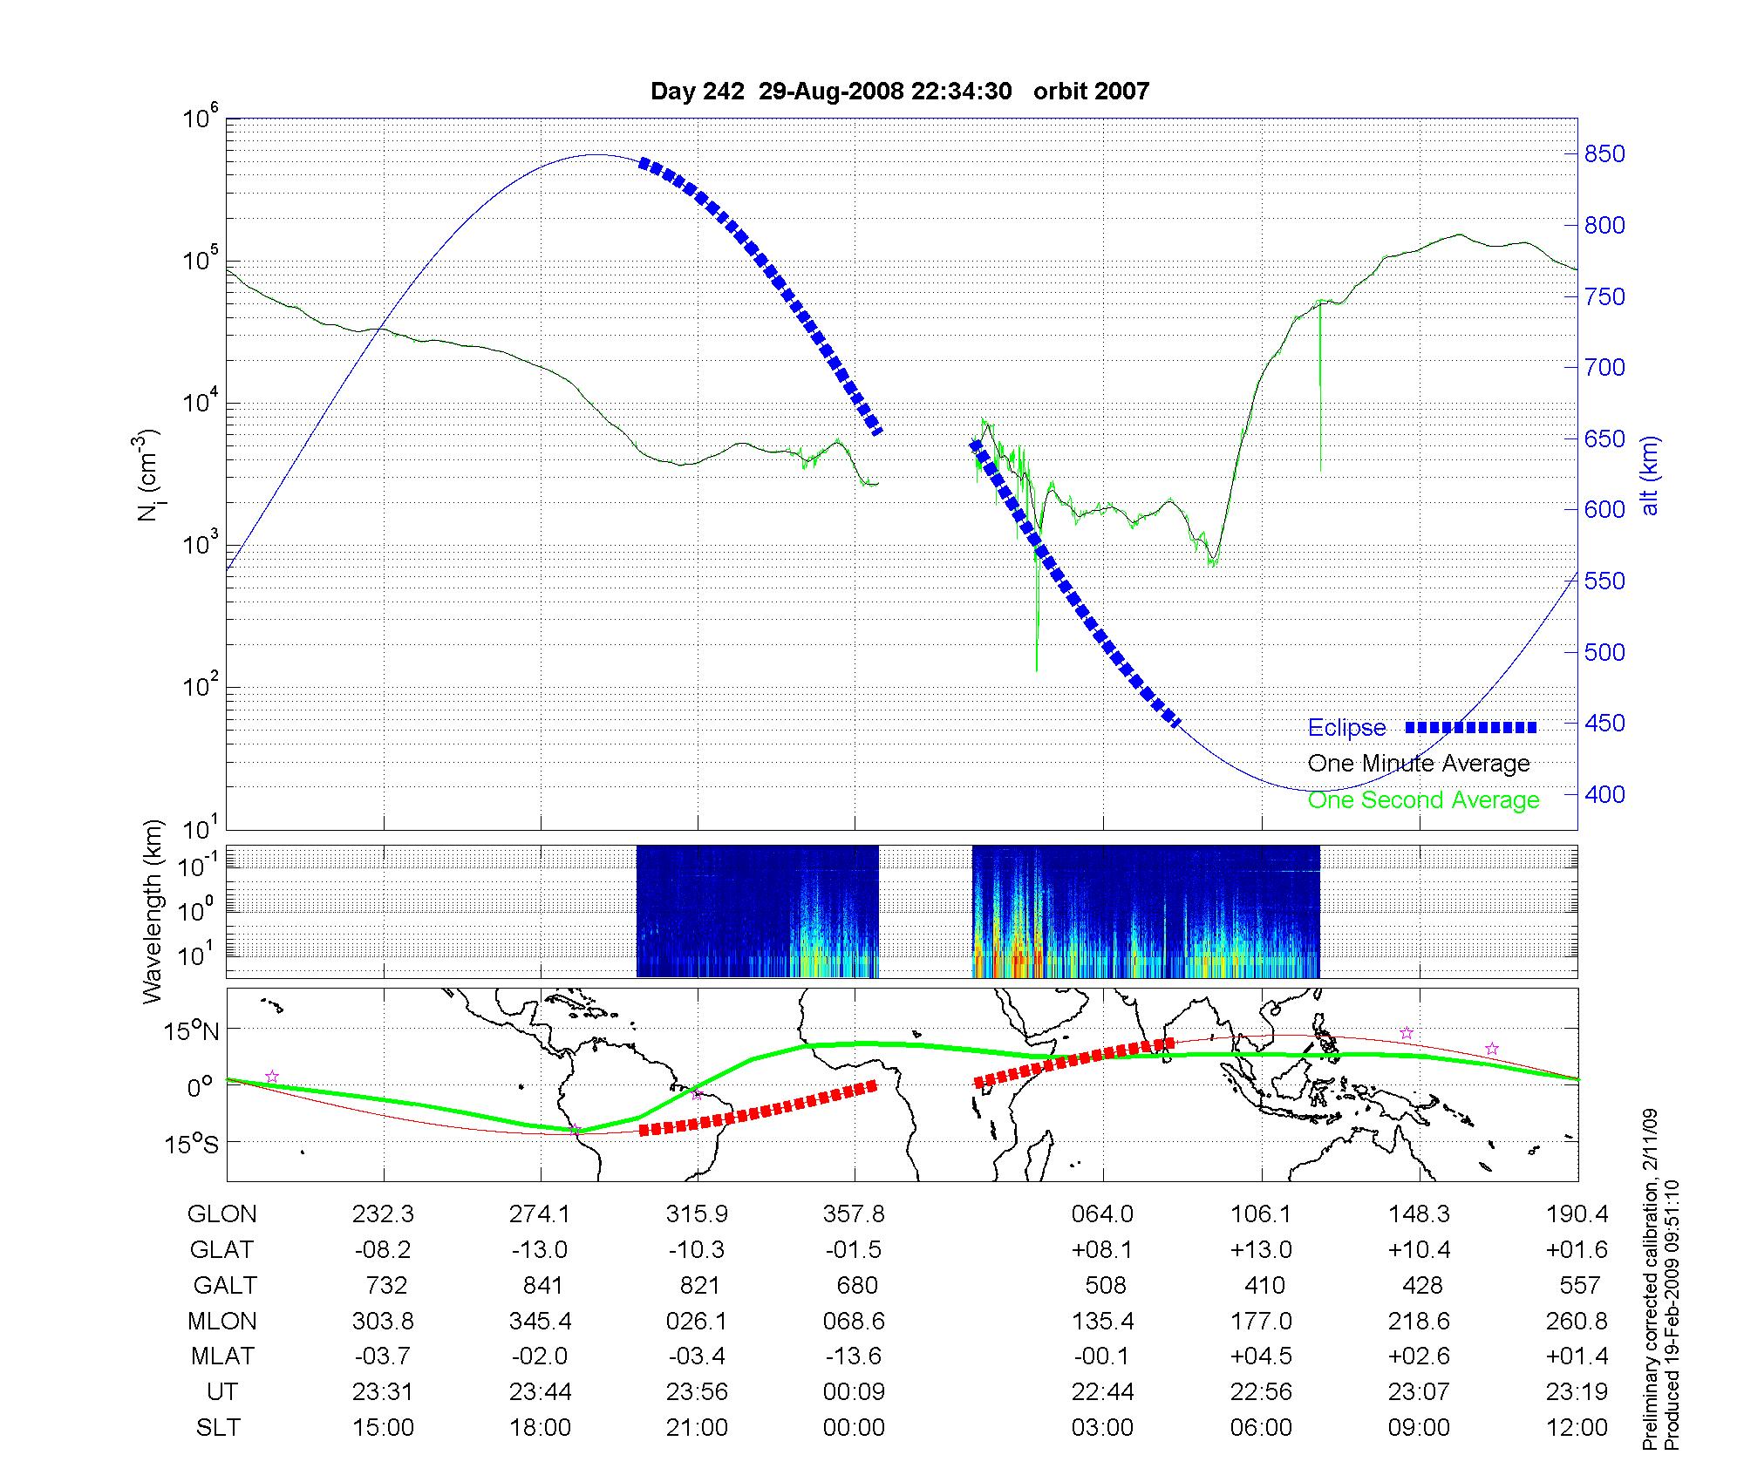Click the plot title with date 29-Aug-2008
899,91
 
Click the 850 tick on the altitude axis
1604,154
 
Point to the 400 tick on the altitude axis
1604,794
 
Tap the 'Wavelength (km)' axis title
153,911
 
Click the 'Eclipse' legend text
1346,728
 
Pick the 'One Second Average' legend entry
1423,800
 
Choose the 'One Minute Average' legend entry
1419,764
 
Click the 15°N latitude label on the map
193,1031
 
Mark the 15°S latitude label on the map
193,1143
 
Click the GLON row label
222,1213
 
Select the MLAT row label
222,1356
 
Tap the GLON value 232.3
383,1213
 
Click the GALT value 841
542,1285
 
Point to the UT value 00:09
854,1392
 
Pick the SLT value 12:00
1577,1428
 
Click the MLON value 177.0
1261,1321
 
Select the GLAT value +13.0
1261,1249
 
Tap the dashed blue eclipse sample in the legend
1471,727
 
